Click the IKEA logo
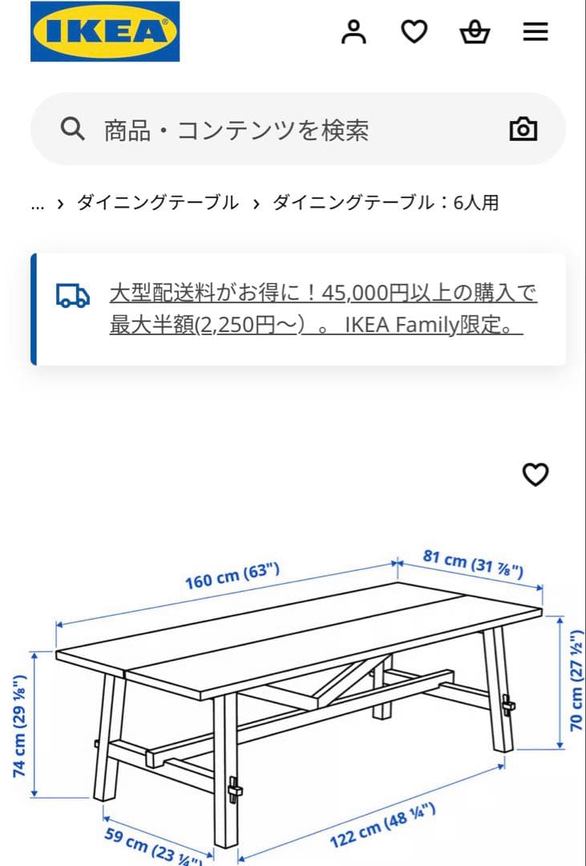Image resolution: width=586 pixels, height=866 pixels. click(x=105, y=32)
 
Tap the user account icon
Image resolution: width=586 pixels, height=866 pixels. click(x=354, y=32)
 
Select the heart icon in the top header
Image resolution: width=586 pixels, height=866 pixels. click(x=414, y=32)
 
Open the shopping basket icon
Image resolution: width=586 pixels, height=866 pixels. click(x=475, y=32)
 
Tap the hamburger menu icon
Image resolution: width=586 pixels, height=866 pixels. click(x=535, y=32)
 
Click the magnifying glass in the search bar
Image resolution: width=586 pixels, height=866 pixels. click(x=73, y=129)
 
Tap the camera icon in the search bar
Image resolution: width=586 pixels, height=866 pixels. click(x=523, y=129)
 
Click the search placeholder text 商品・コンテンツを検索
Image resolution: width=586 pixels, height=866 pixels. click(x=236, y=130)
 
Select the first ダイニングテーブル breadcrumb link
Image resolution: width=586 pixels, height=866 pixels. click(x=158, y=203)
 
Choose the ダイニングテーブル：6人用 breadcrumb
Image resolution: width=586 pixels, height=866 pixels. click(x=386, y=203)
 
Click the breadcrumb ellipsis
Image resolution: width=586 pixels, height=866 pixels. click(x=37, y=204)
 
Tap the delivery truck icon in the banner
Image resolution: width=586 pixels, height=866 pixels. click(x=73, y=295)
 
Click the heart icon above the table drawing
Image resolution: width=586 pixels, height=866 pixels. click(x=535, y=475)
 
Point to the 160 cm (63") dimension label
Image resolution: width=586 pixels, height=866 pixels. click(x=232, y=576)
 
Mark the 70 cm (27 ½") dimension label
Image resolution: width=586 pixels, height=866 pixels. click(x=575, y=681)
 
